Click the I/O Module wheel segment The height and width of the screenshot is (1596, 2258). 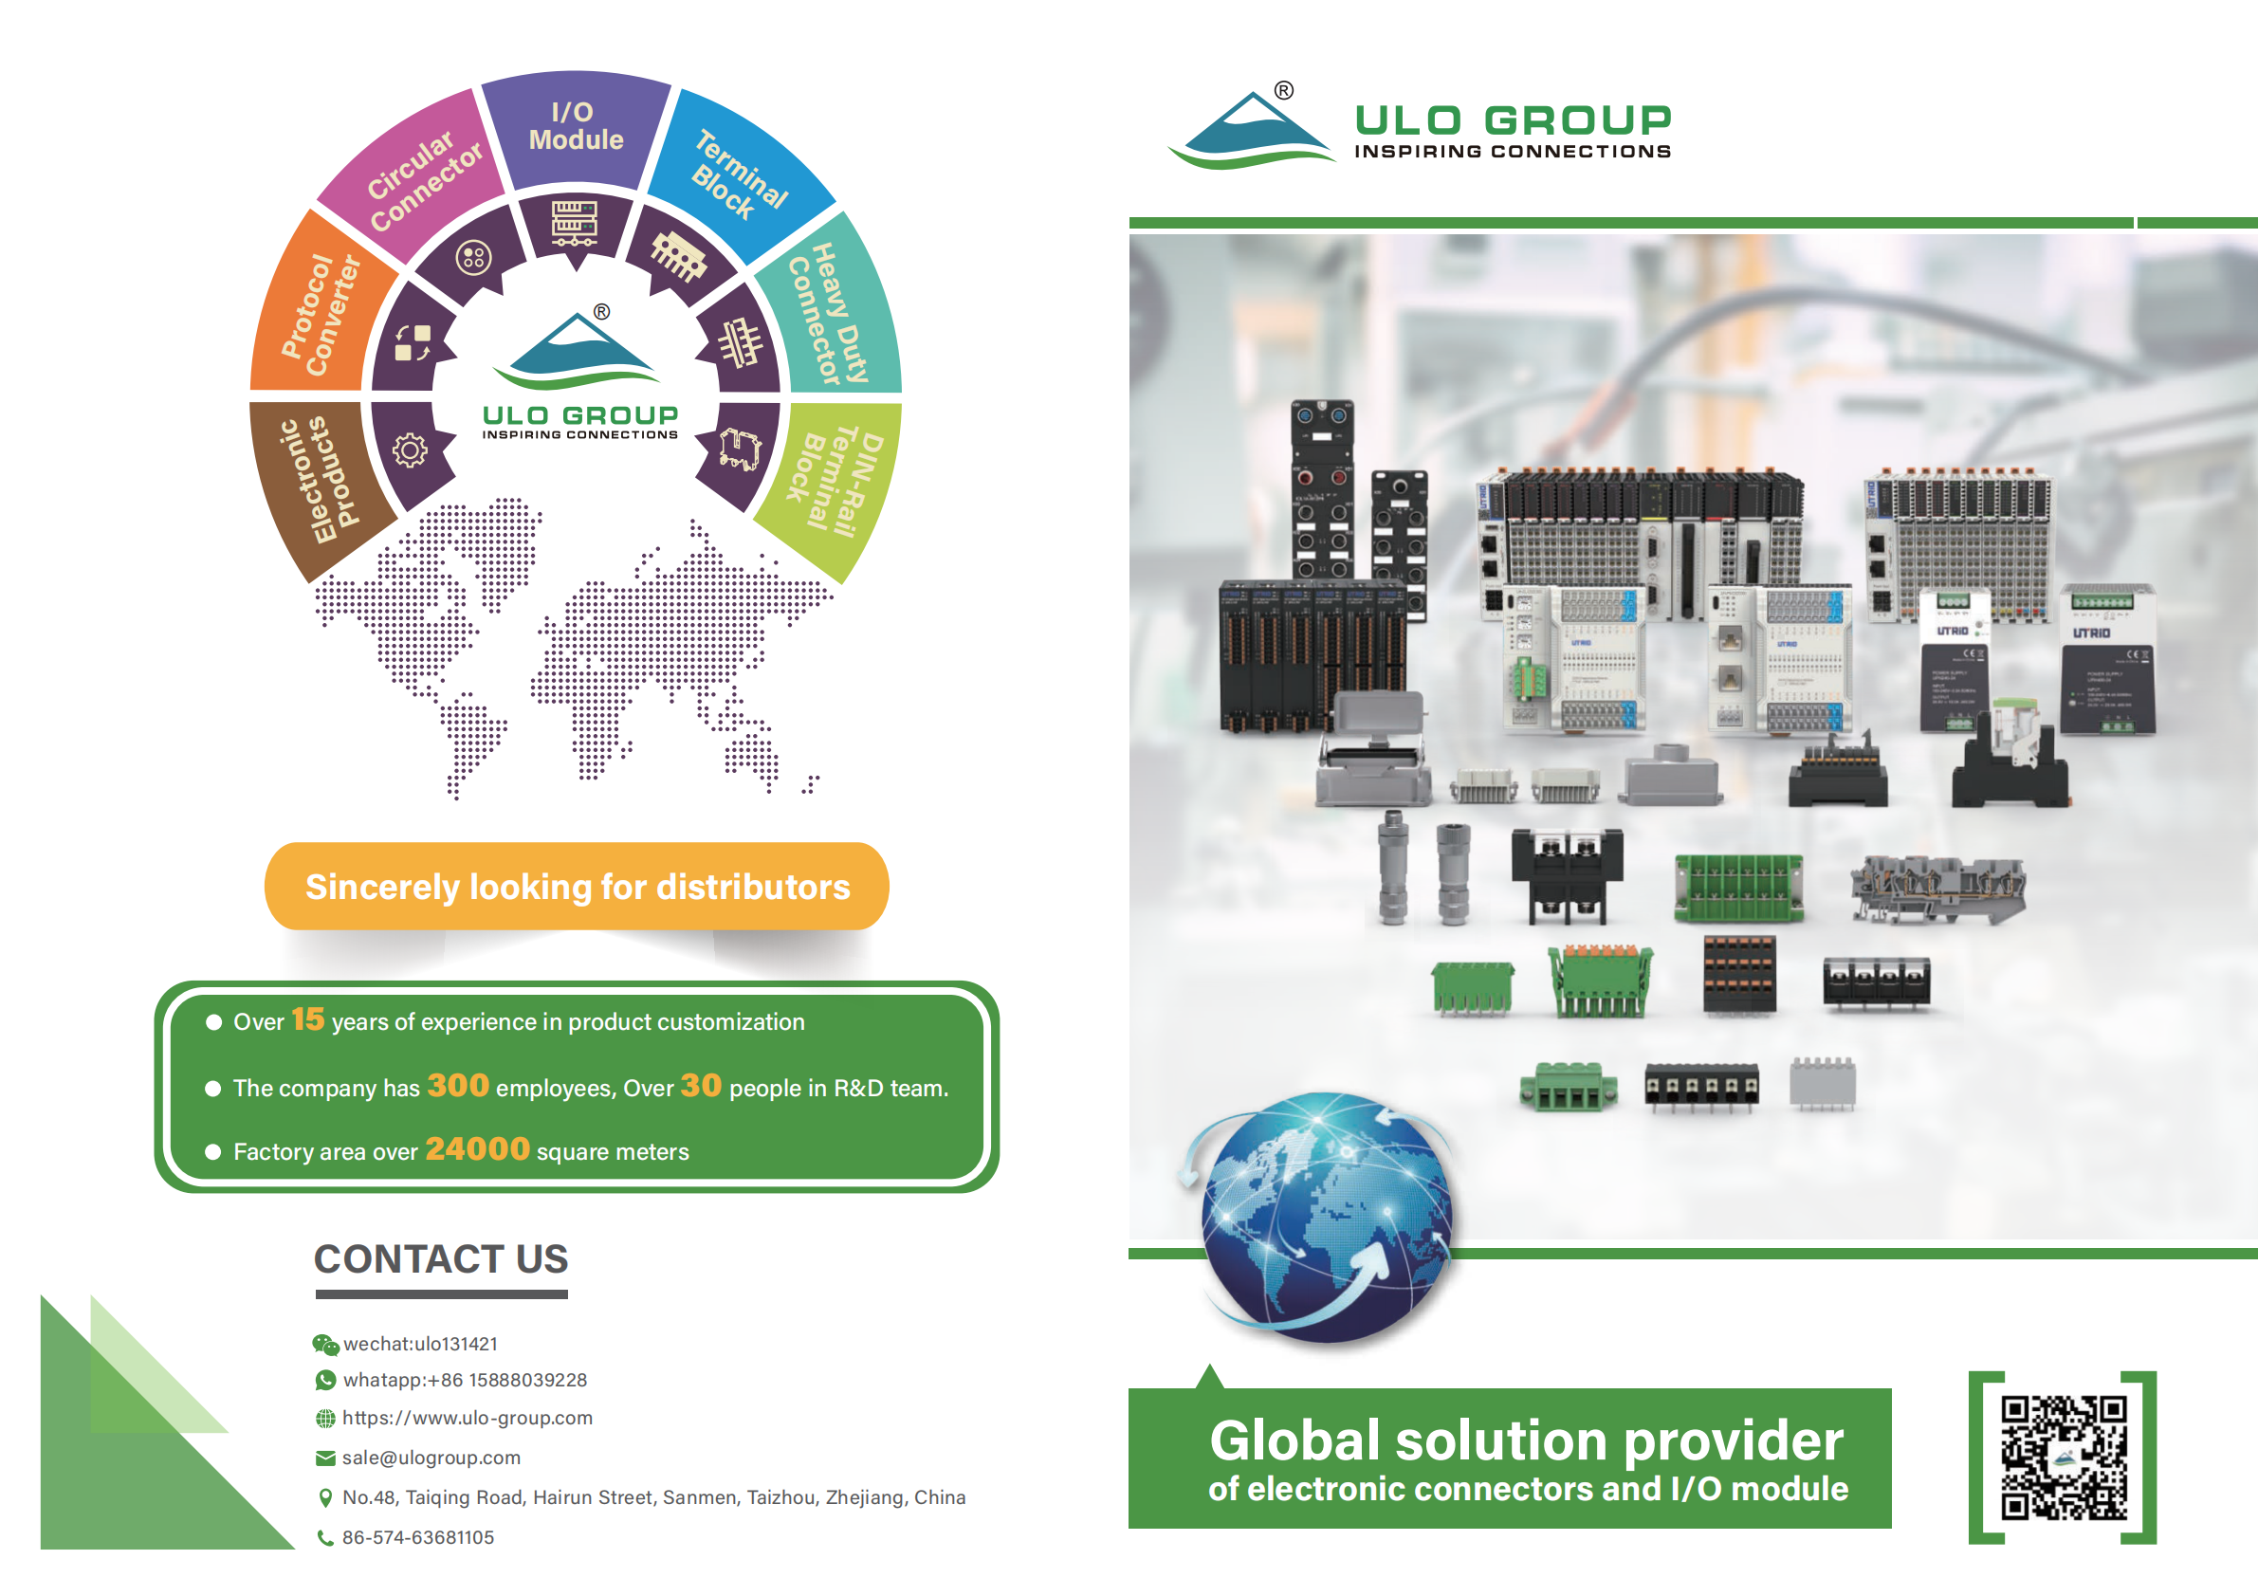(x=576, y=128)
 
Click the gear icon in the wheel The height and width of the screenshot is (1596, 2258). (x=410, y=450)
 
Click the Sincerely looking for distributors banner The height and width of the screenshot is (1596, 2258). (x=578, y=886)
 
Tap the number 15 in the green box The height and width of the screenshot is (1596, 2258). (x=308, y=1019)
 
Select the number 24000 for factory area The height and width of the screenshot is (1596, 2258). (x=477, y=1148)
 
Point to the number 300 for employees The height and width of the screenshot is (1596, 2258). (x=457, y=1086)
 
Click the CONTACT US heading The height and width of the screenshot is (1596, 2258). (x=441, y=1258)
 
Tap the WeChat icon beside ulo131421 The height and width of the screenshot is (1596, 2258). (x=324, y=1345)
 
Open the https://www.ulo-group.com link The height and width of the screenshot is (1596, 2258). (x=468, y=1418)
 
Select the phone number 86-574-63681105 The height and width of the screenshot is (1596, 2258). (x=418, y=1537)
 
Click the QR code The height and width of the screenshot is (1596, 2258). (x=2064, y=1458)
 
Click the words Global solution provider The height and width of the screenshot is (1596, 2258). (x=1526, y=1440)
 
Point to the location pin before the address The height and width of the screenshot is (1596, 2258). (x=325, y=1497)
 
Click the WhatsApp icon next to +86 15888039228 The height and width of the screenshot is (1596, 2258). (x=324, y=1381)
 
